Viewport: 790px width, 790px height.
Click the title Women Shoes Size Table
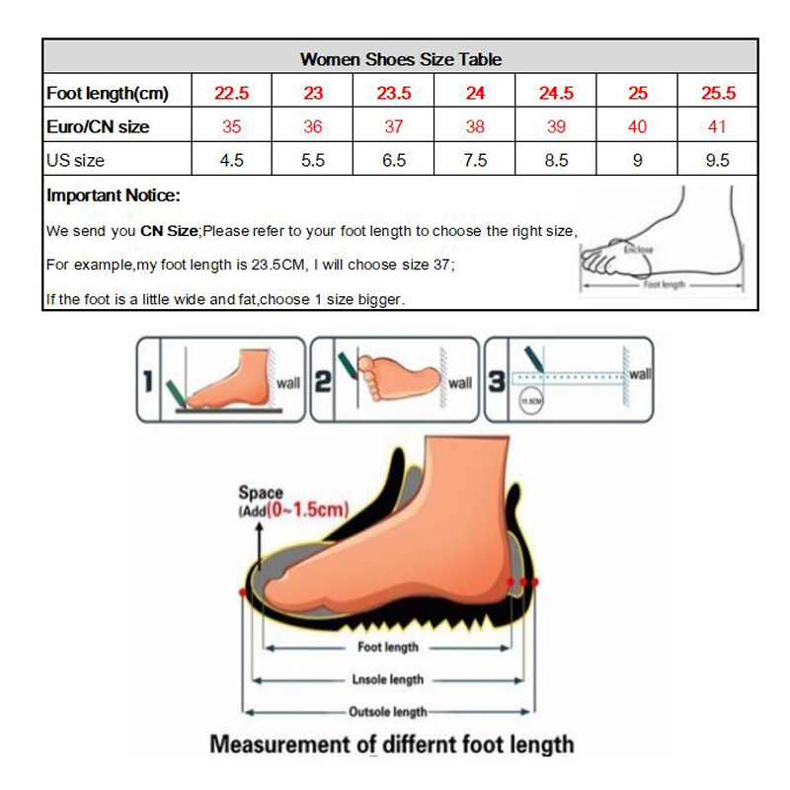[400, 59]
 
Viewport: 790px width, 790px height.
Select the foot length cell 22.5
[232, 94]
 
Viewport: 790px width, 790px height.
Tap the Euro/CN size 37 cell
[394, 126]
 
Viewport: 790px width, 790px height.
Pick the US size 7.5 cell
[475, 160]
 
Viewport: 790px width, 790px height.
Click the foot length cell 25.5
[718, 94]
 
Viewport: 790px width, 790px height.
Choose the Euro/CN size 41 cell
[718, 126]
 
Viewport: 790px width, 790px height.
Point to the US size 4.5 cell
[232, 160]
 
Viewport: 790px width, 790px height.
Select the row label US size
[75, 160]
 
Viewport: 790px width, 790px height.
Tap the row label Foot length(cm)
[108, 94]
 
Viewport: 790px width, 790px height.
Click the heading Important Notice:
[114, 196]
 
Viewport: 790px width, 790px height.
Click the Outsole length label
[387, 711]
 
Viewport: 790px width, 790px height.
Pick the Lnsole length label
[387, 679]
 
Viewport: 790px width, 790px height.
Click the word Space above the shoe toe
[261, 492]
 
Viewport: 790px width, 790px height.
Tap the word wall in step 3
[640, 374]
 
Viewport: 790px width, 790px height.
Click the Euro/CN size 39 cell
[556, 126]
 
